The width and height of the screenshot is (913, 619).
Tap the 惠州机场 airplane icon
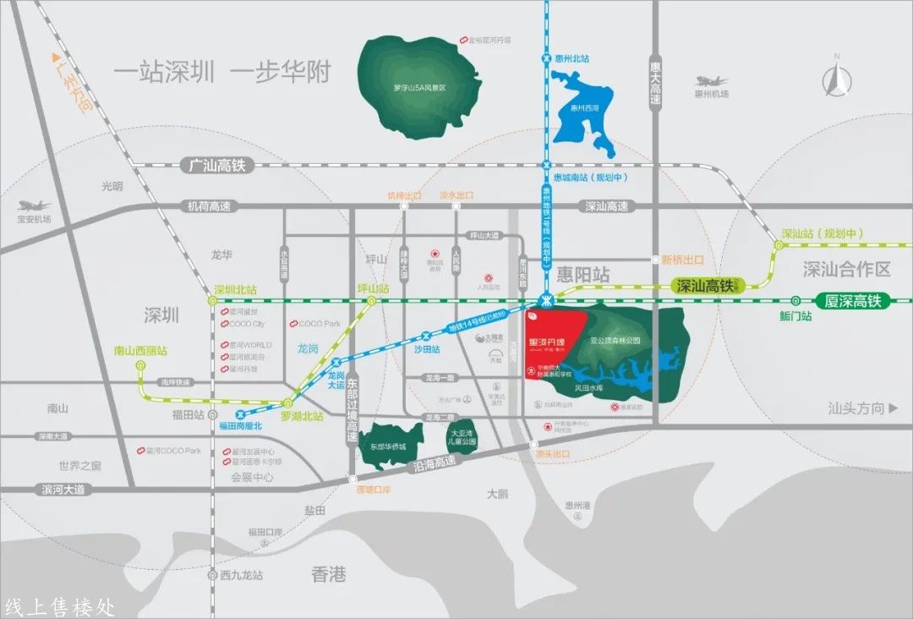[x=711, y=81]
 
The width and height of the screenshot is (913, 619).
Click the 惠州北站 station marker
[x=547, y=58]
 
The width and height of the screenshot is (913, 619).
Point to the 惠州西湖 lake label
[x=583, y=108]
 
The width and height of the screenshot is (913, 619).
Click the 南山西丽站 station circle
[x=140, y=365]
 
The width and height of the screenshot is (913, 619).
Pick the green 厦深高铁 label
[x=852, y=300]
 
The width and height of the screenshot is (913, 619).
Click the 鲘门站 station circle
[x=795, y=300]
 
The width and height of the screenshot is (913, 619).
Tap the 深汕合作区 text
[x=847, y=270]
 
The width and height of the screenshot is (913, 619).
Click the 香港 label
[x=329, y=575]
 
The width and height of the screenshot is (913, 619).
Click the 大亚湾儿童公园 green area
[x=462, y=436]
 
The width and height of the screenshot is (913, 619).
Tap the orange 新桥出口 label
[x=683, y=260]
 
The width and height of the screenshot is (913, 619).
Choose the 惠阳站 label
[x=583, y=274]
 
